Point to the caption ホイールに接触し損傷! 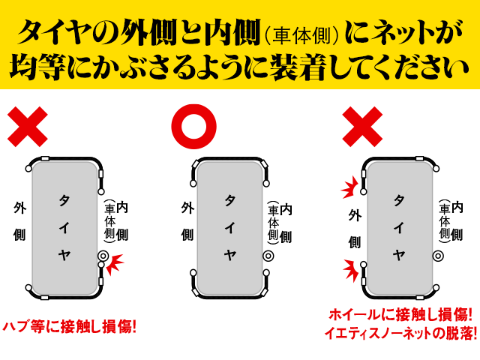point(400,315)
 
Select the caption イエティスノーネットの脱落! point(400,334)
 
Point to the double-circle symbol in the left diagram point(103,256)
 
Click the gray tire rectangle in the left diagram point(64,225)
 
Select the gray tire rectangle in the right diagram point(399,225)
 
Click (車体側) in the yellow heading point(303,34)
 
